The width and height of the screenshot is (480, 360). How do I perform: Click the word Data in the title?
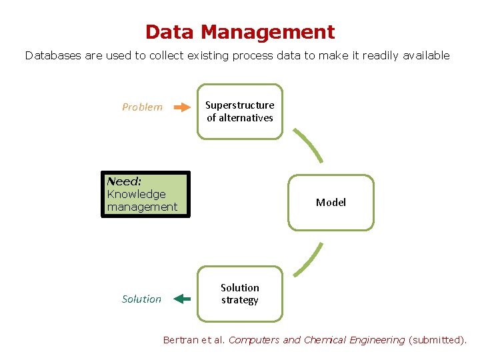(169, 32)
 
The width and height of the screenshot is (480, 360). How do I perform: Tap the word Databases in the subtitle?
(53, 56)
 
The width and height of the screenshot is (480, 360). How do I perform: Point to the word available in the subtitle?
(425, 56)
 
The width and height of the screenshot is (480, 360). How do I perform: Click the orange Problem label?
(142, 107)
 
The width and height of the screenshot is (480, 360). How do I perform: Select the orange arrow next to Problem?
(181, 107)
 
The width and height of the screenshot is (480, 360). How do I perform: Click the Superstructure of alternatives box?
(240, 111)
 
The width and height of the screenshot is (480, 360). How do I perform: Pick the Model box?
(331, 203)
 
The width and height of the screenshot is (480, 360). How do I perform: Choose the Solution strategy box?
(240, 294)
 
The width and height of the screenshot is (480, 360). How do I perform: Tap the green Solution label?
(141, 299)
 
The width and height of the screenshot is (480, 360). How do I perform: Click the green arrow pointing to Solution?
(181, 299)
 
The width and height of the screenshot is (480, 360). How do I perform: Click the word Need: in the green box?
(124, 181)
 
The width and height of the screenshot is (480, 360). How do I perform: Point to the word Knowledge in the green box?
(137, 194)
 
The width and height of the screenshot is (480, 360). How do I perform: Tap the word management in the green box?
(143, 207)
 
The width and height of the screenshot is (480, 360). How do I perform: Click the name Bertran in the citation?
(181, 340)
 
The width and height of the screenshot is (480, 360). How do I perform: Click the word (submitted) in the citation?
(437, 340)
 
